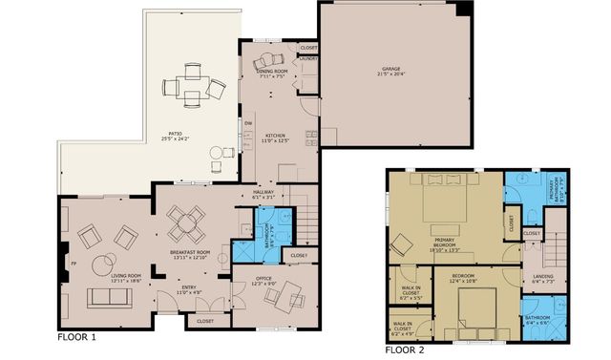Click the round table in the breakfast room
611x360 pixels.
click(184, 225)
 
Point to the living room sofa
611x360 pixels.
click(111, 297)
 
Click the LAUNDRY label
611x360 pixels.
click(308, 59)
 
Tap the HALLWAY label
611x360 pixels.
click(263, 191)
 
